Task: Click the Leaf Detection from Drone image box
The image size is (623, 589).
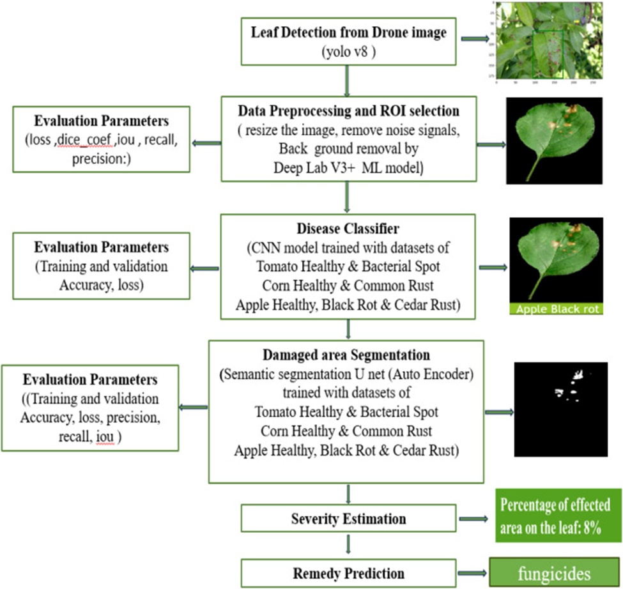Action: point(348,42)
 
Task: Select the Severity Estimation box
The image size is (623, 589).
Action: point(348,518)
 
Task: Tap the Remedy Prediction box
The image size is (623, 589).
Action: point(348,573)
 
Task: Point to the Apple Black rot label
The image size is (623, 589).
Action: point(557,309)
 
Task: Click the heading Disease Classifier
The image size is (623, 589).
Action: point(348,229)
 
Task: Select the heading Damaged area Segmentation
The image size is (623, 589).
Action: point(346,355)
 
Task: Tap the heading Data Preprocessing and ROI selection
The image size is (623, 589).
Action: point(348,111)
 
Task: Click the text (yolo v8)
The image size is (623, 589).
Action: point(348,52)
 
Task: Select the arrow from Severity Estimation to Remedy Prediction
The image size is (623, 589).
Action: point(348,544)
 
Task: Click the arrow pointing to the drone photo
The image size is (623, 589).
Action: point(475,38)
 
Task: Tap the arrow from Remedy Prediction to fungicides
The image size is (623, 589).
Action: point(472,573)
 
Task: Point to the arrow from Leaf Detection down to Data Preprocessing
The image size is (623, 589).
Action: point(347,81)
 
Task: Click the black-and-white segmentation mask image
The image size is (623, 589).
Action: point(560,409)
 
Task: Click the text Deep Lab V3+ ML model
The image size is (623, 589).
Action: point(348,167)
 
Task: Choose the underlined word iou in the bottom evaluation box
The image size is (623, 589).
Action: point(105,436)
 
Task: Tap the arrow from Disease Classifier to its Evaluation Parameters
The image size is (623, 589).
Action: point(204,269)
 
